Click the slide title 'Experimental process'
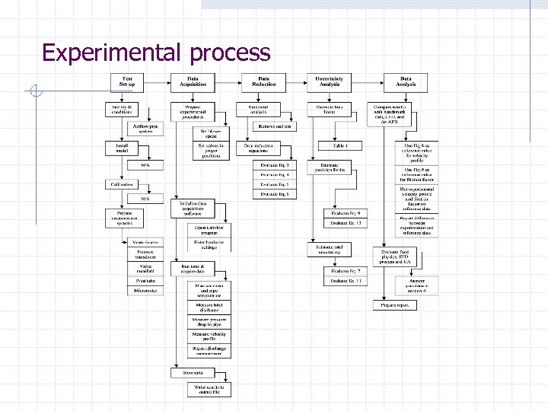pos(156,53)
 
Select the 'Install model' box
pos(123,146)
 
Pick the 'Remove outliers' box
pos(274,127)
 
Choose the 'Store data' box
pos(191,372)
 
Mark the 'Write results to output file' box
pos(209,390)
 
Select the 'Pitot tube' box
pos(145,280)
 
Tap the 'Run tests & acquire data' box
pos(193,268)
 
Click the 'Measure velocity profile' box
pos(209,336)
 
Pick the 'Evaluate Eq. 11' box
pos(345,281)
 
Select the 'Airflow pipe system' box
pos(145,127)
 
